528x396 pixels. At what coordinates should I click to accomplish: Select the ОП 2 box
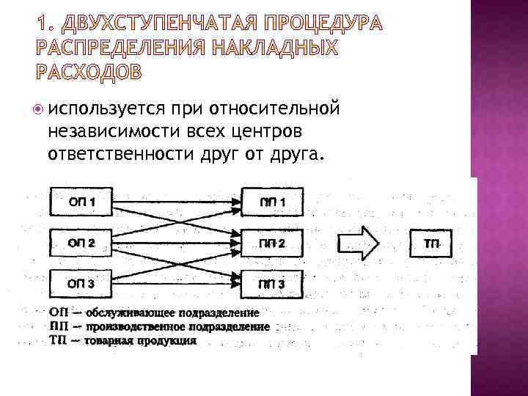[81, 243]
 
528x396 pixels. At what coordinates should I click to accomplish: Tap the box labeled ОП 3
[81, 284]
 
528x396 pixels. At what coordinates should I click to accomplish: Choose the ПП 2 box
[272, 243]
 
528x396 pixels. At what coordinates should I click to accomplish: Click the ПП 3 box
[272, 284]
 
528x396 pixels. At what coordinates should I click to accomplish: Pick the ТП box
[432, 243]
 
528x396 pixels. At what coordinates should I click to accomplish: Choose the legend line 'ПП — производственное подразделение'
[160, 326]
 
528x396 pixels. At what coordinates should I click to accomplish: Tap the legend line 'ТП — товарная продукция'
[123, 340]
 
